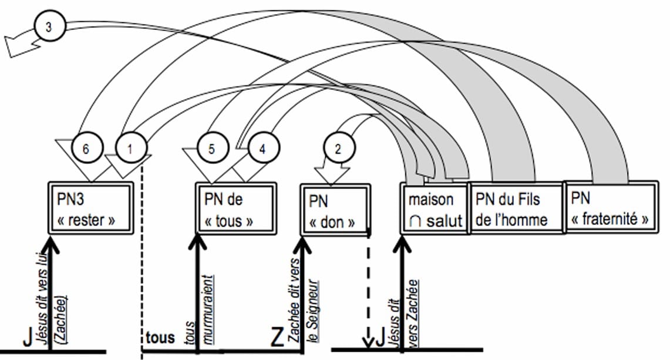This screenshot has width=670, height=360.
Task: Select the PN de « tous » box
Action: click(x=235, y=210)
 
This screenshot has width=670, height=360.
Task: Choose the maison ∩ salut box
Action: click(x=435, y=209)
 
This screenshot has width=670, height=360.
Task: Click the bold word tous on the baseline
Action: click(x=159, y=338)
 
